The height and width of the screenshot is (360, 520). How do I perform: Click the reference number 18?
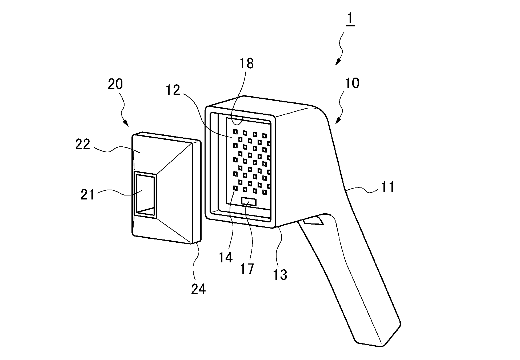[246, 64]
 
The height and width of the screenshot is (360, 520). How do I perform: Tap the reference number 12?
[173, 90]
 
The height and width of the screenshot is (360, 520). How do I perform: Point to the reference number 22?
[82, 145]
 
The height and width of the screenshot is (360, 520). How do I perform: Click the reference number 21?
[88, 194]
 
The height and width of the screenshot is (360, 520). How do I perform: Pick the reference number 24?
[198, 289]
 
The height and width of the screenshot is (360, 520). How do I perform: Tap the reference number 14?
[226, 258]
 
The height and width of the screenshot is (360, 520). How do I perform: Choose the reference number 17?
[247, 269]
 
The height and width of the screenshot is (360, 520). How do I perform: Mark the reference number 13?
[280, 274]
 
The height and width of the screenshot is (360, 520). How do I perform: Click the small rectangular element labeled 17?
[249, 202]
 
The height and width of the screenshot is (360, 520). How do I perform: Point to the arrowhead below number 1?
[337, 63]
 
